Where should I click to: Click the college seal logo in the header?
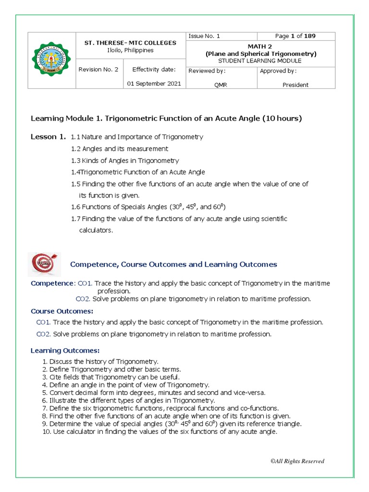coord(51,61)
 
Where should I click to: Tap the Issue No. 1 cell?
coord(204,36)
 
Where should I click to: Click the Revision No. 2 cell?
coord(98,69)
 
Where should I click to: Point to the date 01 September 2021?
coord(154,84)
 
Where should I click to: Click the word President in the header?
coord(295,85)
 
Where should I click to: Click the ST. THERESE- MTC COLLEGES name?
coord(128,43)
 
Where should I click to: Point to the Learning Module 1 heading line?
coord(166,118)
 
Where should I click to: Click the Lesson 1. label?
coord(48,137)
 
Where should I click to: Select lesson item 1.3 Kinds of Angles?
coord(125,160)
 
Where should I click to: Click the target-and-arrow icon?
coord(44,264)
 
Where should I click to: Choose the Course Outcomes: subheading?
coord(62,311)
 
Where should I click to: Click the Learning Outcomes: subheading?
coord(65,350)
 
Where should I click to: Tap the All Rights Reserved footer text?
coord(297,461)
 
